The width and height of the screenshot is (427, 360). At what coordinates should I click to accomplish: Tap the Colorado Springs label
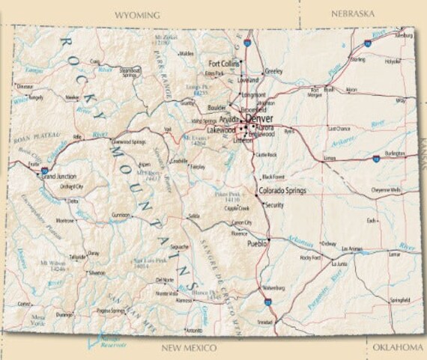tap(282, 191)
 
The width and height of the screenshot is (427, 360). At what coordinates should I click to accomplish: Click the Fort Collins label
tap(224, 64)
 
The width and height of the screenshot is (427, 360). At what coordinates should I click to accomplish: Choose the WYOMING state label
tap(137, 15)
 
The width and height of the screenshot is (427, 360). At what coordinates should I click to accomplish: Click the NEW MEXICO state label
tap(190, 348)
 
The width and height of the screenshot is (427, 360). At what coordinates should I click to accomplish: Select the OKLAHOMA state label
tap(398, 347)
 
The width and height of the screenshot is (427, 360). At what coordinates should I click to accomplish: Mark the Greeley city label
tap(273, 71)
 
